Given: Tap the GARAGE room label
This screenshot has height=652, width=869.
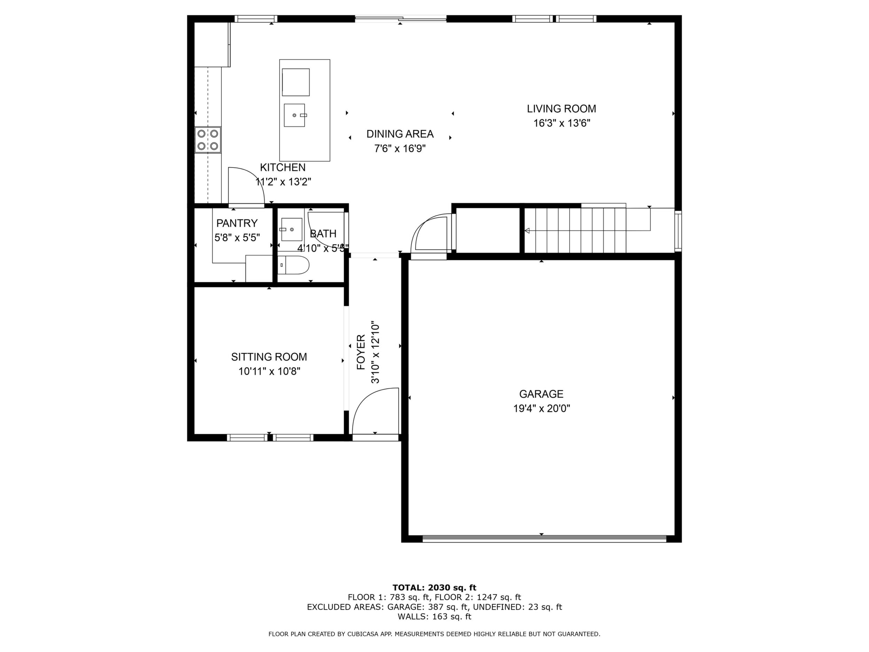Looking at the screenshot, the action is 541,394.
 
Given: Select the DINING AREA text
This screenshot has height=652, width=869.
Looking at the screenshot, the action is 400,134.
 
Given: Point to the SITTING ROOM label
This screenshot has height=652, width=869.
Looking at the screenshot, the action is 269,357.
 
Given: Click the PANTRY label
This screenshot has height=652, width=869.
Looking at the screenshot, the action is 237,223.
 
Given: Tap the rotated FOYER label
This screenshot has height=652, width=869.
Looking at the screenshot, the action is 361,352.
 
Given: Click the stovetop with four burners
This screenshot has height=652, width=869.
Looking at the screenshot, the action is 208,140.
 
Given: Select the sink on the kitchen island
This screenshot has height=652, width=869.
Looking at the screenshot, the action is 294,115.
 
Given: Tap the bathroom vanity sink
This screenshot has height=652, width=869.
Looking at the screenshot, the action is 291,230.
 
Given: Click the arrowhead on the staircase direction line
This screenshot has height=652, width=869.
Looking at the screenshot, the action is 527,231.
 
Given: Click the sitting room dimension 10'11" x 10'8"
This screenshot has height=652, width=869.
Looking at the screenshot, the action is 269,371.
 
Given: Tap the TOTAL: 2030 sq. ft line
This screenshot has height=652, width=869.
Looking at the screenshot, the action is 434,588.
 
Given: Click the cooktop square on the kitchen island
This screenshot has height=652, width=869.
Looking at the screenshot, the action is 296,82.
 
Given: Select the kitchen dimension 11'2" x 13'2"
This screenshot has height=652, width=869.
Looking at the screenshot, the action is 283,182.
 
